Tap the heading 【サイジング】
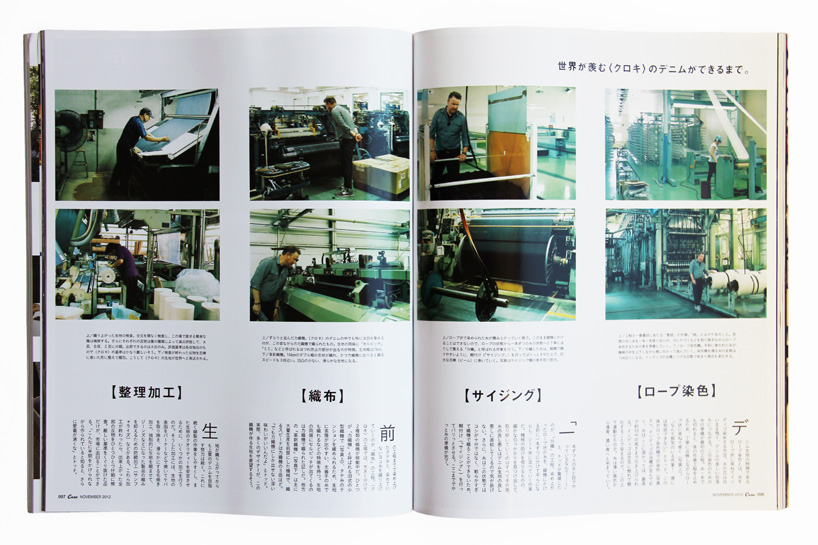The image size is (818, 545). pos(501,395)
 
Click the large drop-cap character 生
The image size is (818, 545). pos(209,430)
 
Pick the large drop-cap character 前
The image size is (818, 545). pos(388,434)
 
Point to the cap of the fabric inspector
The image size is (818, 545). pos(144,111)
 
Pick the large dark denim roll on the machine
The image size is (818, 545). pos(519,255)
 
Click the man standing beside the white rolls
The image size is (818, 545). pos(697,278)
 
